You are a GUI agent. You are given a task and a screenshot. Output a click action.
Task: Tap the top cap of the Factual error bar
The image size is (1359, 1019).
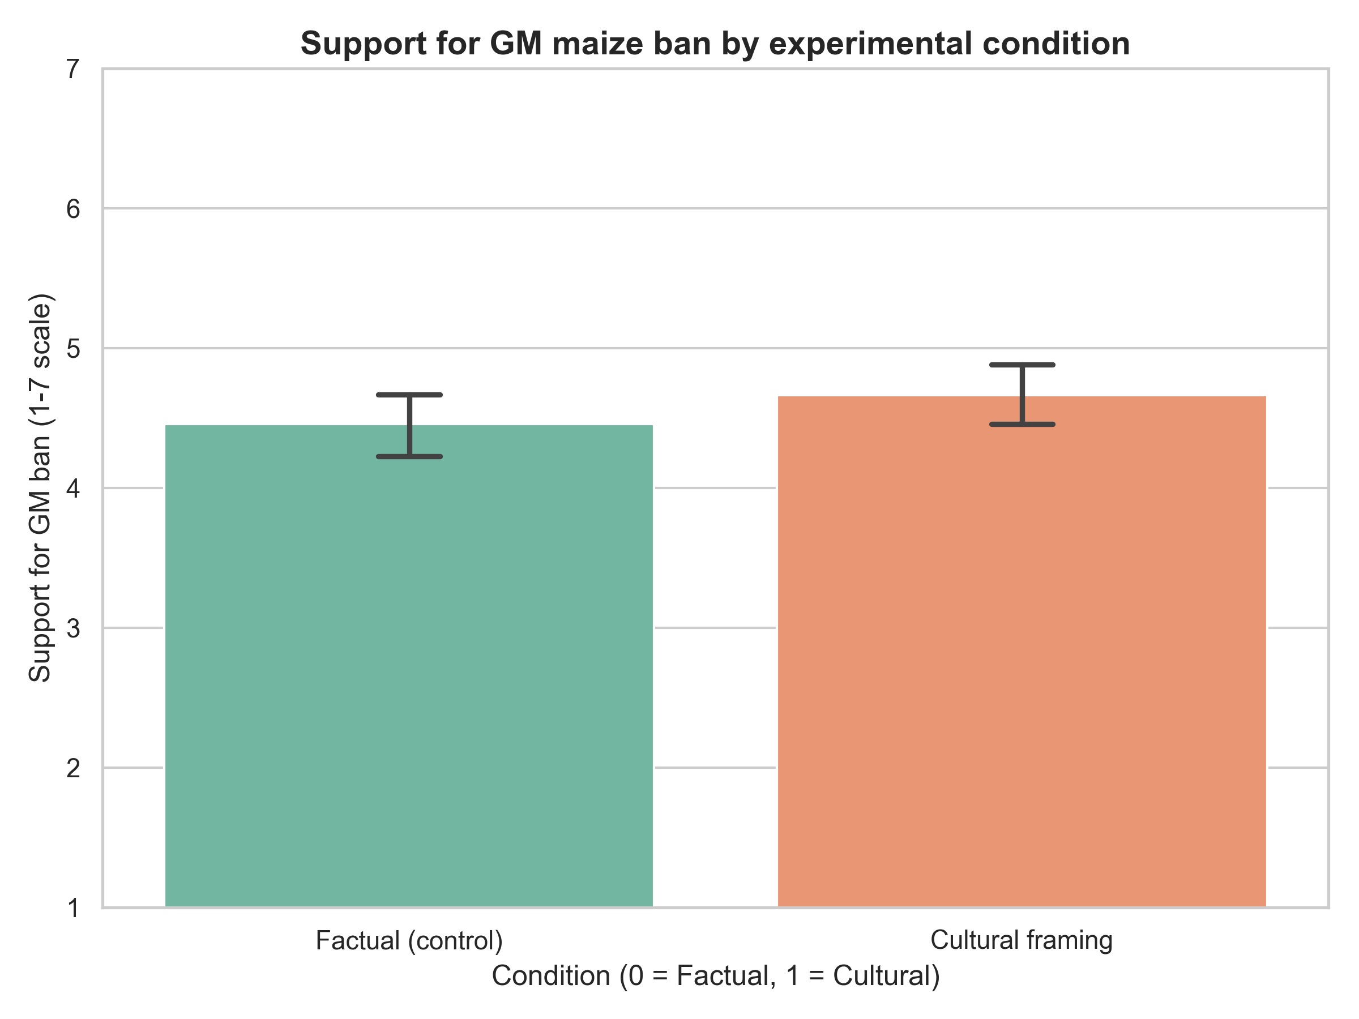(x=409, y=395)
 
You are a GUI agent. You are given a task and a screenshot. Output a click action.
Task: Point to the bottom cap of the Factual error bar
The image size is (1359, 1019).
(x=409, y=456)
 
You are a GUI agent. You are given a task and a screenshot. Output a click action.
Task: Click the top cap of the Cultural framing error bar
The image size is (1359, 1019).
(x=1022, y=365)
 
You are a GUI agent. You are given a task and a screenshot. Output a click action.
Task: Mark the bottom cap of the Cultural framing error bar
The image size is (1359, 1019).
(x=1022, y=425)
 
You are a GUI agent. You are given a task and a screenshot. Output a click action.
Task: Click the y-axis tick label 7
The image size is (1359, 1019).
(x=73, y=70)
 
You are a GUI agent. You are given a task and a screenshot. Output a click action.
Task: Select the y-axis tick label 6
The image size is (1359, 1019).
(x=73, y=209)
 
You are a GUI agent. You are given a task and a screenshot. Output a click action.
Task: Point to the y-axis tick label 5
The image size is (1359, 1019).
(x=73, y=349)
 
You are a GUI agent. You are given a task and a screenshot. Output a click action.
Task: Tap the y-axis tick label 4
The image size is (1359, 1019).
(x=73, y=489)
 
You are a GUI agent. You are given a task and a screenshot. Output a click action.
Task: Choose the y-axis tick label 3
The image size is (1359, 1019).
(x=73, y=628)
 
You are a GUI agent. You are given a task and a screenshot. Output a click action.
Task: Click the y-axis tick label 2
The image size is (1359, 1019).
(x=73, y=768)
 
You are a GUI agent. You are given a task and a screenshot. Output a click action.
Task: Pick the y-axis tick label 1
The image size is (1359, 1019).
(x=73, y=908)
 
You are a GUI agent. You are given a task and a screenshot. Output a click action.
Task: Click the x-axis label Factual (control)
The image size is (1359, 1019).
(x=409, y=940)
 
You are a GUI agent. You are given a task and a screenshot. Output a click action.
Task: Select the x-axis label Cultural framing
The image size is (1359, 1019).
(x=1021, y=940)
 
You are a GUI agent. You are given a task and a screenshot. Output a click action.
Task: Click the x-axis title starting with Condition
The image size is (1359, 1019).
(x=716, y=975)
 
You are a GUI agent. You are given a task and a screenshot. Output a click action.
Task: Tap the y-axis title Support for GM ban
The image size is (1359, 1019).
(x=40, y=489)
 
